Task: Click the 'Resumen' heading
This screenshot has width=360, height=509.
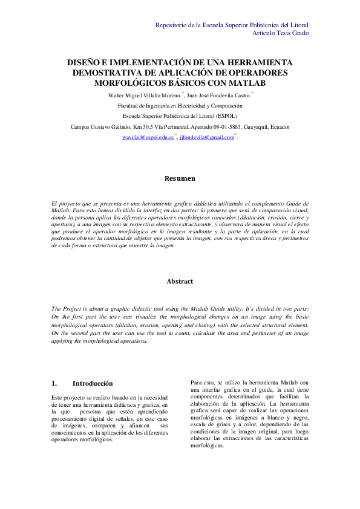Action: tap(180, 179)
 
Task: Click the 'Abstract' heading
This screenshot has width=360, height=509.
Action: tap(180, 282)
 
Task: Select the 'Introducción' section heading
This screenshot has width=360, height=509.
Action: tap(93, 383)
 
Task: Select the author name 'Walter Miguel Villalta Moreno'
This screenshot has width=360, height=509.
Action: tap(143, 95)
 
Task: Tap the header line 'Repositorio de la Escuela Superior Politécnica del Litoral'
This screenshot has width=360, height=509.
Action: tap(232, 25)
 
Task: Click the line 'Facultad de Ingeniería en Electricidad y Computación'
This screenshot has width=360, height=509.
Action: tap(180, 105)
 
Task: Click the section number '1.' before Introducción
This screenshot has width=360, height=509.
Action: tap(54, 383)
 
